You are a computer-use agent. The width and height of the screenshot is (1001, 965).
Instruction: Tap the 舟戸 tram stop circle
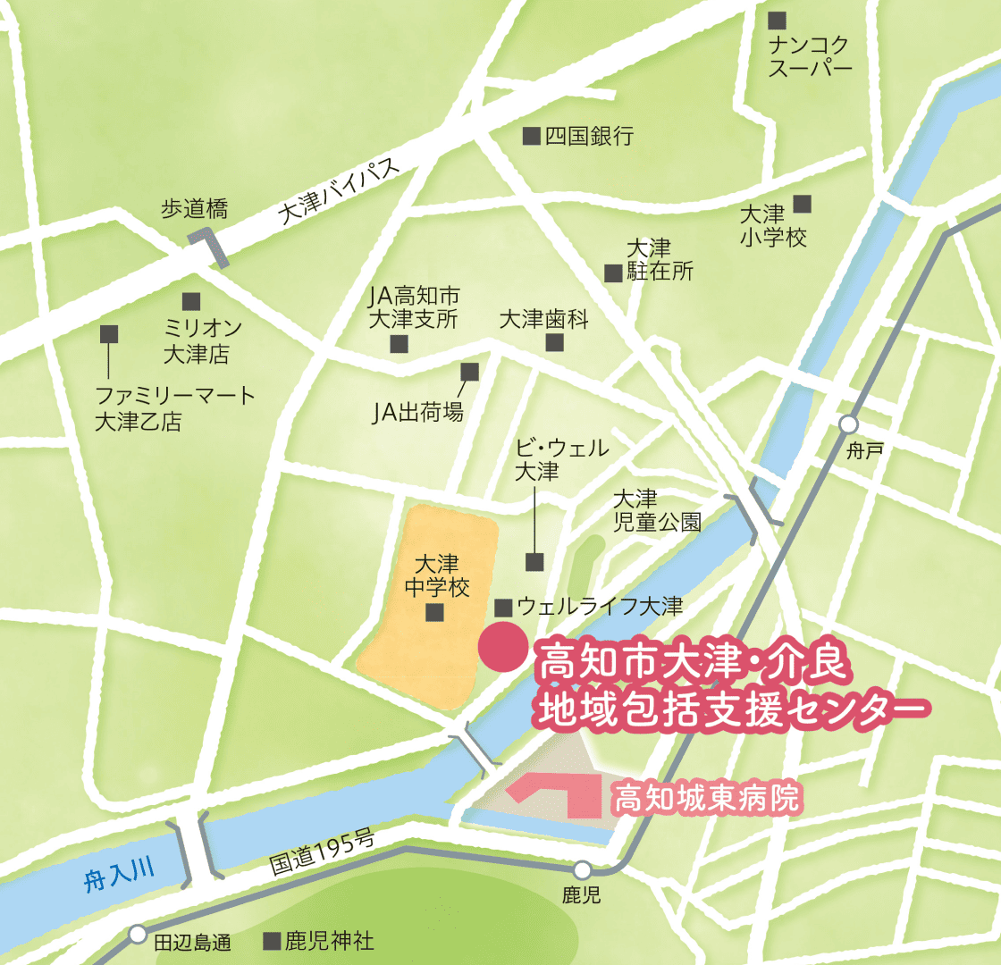848,424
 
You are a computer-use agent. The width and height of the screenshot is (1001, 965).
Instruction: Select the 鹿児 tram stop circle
582,869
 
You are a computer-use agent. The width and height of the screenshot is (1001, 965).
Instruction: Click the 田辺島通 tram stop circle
137,934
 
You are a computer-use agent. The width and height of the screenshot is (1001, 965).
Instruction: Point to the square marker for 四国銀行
531,136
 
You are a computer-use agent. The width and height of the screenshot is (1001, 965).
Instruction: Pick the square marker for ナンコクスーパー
778,19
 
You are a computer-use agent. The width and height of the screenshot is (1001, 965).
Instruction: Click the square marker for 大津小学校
803,204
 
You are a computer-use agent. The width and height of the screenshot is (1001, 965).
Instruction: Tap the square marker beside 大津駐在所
612,273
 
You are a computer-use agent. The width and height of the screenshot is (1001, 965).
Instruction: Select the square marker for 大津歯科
556,343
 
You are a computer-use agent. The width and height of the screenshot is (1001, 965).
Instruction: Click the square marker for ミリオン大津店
190,302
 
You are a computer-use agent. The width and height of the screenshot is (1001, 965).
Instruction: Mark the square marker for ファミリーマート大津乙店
109,334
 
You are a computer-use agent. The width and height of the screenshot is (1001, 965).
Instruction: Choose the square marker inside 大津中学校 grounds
435,613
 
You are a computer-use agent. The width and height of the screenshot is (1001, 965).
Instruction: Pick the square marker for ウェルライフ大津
503,608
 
